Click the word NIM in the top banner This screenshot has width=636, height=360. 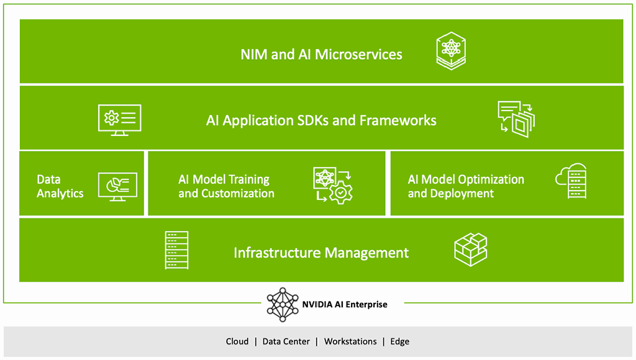click(254, 55)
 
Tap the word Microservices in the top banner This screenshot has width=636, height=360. click(358, 55)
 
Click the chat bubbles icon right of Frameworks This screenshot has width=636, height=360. click(516, 119)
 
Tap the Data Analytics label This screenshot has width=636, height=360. click(60, 186)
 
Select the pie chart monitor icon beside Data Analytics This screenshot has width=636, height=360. click(117, 185)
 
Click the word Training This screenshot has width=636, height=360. click(247, 179)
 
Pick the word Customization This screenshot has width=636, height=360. click(239, 194)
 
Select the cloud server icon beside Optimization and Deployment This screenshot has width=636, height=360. click(571, 181)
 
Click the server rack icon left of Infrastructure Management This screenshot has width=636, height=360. click(176, 250)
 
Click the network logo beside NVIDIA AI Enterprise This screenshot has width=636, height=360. click(283, 304)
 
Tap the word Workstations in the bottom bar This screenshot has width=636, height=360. click(350, 341)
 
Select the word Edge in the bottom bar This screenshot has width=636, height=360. click(399, 341)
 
